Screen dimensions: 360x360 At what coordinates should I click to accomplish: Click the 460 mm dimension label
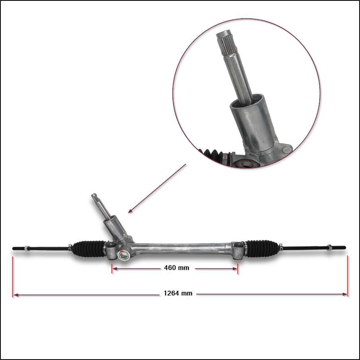point(176,268)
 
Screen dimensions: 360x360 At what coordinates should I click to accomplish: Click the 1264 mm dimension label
point(178,293)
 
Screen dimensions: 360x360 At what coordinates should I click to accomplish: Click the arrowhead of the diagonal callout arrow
point(130,211)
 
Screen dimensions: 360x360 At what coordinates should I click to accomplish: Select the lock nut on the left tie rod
point(27,248)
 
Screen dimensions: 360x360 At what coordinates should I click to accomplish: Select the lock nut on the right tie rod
point(329,248)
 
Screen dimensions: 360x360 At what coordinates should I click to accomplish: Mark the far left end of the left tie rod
point(13,248)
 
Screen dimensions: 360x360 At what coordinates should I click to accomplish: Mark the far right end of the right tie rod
point(345,248)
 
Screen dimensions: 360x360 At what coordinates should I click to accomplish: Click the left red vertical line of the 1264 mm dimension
point(13,277)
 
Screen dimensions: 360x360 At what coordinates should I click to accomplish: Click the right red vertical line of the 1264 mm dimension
point(347,276)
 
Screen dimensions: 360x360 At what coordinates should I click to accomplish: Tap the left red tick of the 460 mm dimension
point(112,269)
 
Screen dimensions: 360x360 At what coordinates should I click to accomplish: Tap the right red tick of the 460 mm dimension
point(237,269)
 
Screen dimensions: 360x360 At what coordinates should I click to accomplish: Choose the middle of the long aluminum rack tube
point(181,248)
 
